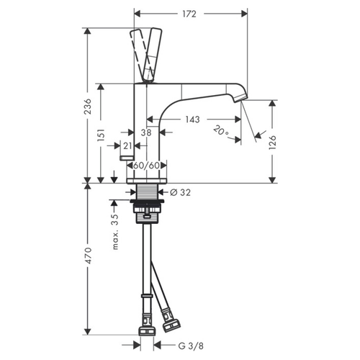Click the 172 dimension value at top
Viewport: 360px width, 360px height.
tap(190, 14)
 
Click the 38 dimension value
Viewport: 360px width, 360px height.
tap(146, 133)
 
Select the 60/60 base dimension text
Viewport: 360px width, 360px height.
tap(147, 166)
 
